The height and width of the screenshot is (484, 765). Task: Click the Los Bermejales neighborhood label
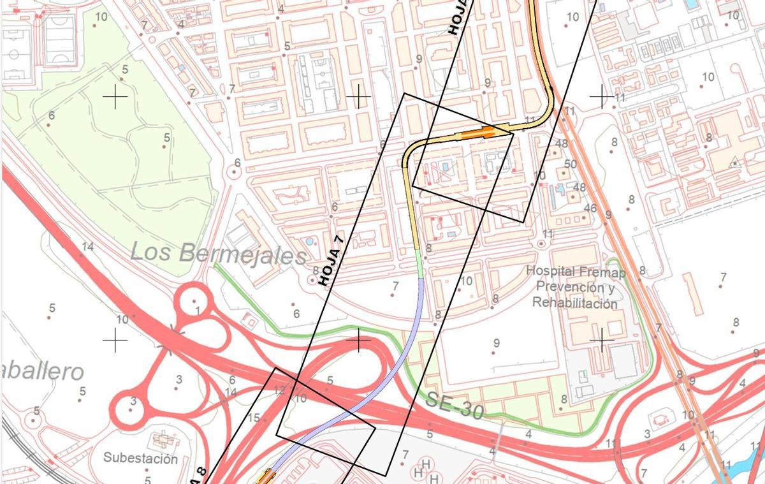pos(218,253)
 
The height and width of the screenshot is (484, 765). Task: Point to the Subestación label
pos(141,458)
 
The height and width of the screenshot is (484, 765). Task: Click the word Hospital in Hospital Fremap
pos(551,271)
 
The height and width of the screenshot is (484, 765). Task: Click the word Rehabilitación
pos(575,303)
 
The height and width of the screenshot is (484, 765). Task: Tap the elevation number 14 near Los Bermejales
pos(88,247)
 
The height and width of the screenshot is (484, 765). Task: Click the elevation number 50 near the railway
pos(570,165)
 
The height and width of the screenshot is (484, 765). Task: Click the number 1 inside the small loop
pos(198,311)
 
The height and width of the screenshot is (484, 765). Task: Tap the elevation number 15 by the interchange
pos(254,418)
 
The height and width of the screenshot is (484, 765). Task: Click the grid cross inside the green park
pos(115,97)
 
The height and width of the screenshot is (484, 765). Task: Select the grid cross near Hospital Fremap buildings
pos(601,341)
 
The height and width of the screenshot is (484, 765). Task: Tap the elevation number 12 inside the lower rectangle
pos(279,390)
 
